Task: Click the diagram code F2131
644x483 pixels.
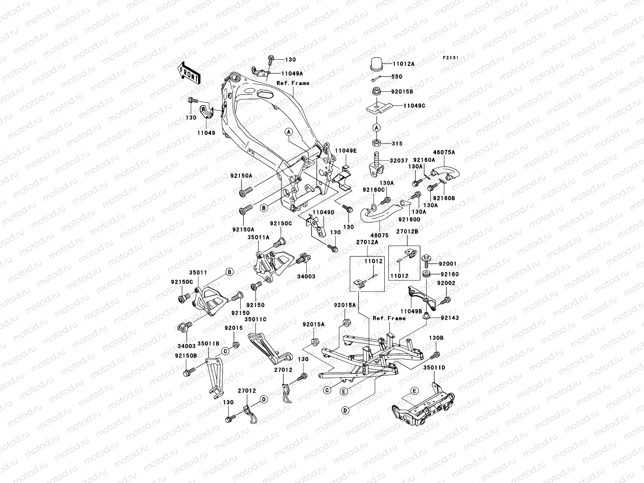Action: pos(451,58)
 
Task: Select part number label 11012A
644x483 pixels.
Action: pos(404,64)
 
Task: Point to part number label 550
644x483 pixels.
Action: pos(396,76)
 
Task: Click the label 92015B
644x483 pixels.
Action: pos(402,92)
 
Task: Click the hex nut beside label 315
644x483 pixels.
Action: pos(377,143)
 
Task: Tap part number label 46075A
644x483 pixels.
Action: pos(444,153)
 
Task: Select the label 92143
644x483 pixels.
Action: pos(449,318)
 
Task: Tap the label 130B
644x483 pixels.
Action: pos(436,338)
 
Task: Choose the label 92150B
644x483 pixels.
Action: pos(186,356)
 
